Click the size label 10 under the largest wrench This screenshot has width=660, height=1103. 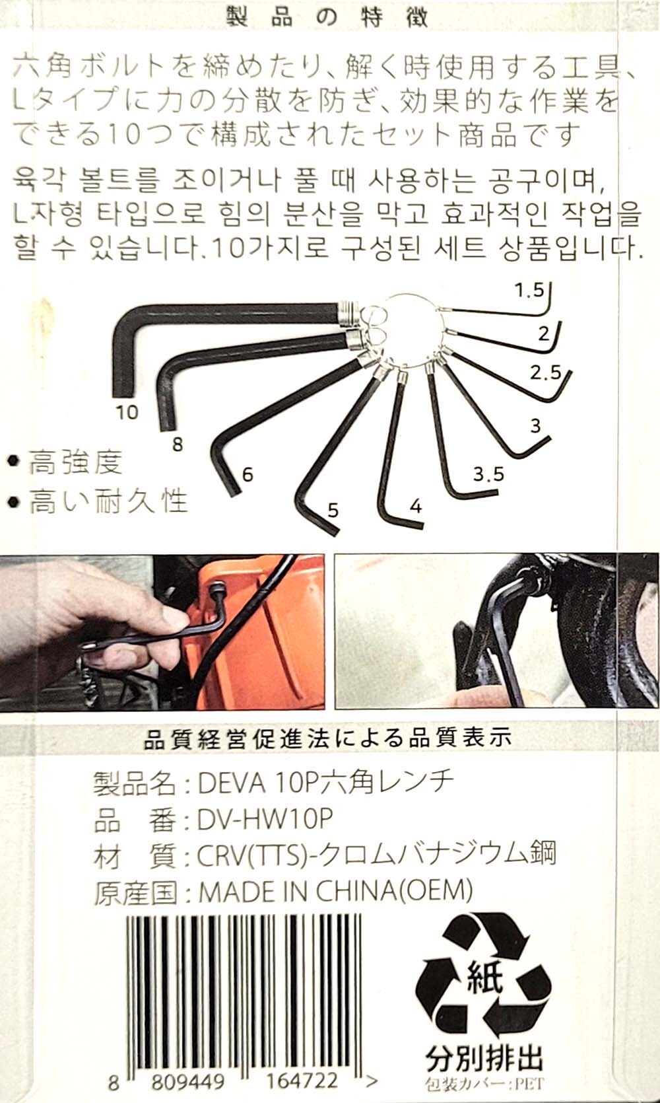[x=127, y=412]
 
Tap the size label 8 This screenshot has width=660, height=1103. [x=178, y=444]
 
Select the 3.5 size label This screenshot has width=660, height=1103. [x=488, y=474]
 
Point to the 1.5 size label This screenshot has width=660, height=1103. [x=529, y=291]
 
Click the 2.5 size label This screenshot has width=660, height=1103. [x=545, y=373]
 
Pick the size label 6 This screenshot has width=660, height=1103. [x=247, y=475]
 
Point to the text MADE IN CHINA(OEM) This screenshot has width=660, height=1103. [x=335, y=891]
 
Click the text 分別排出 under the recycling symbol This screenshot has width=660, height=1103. [x=484, y=1058]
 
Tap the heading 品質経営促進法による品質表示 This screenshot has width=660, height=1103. [x=328, y=738]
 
